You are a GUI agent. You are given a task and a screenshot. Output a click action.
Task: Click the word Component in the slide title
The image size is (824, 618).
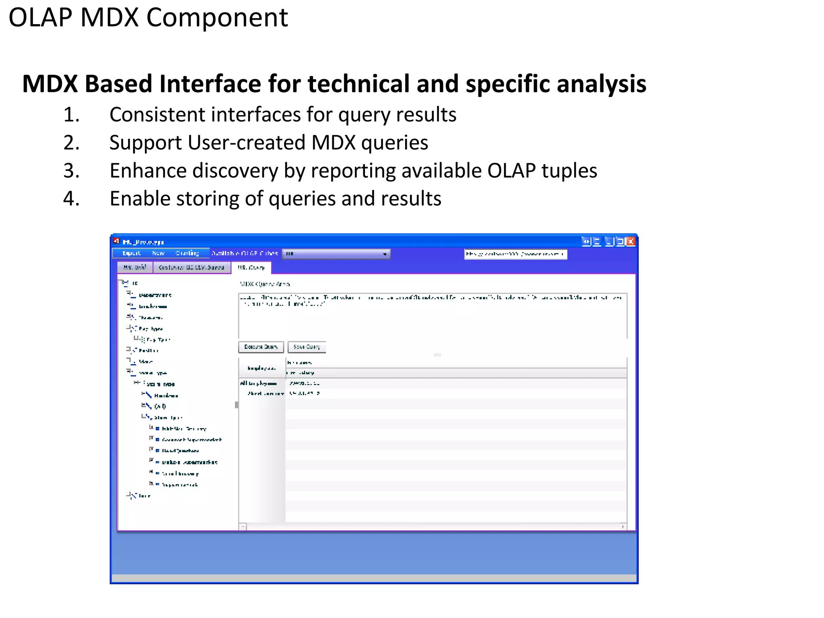point(217,18)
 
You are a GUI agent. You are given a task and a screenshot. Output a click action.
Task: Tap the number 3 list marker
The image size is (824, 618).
point(71,171)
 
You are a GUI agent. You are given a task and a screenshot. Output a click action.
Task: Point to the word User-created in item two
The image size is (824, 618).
point(246,143)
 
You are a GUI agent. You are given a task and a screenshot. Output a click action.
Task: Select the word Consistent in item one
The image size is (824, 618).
point(157,115)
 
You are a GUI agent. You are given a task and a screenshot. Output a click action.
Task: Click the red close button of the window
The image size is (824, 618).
point(630,241)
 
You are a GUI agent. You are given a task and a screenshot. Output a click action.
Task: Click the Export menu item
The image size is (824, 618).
point(131,253)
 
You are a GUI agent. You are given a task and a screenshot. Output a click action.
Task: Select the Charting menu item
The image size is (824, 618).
point(187,253)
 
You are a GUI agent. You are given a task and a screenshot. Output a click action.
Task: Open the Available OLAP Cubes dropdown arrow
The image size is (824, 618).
point(385,254)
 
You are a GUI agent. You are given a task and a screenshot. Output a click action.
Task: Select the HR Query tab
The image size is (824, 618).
point(251,268)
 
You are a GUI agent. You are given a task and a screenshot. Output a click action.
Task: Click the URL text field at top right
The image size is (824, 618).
point(515,254)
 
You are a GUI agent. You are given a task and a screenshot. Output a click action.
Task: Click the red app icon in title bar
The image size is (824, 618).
point(116,241)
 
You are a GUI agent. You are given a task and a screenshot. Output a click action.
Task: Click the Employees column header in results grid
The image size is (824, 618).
point(262,368)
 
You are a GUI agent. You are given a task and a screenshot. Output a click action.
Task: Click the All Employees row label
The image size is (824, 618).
point(258,383)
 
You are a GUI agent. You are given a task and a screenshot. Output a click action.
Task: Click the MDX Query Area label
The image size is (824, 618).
point(265,284)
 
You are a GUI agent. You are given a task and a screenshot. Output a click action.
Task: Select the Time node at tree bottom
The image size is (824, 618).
point(144,496)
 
